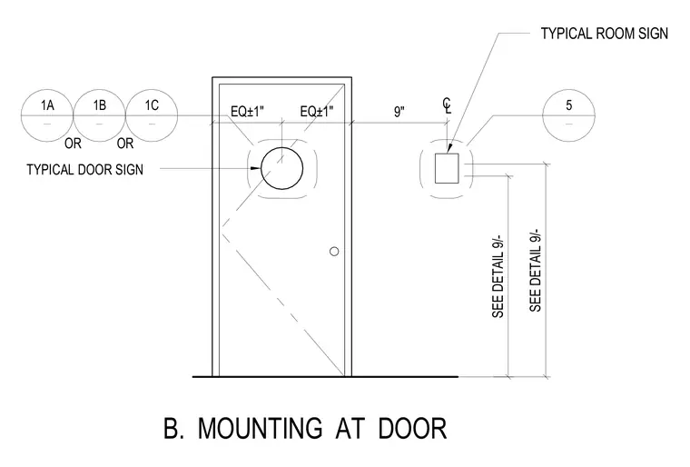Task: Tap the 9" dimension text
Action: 399,112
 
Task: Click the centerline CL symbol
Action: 447,106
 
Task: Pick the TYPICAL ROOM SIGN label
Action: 604,34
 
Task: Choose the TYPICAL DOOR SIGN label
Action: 85,170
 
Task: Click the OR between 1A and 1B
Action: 73,144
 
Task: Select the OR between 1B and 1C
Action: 125,144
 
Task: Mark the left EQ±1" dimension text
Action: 247,112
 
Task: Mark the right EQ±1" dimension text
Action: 317,112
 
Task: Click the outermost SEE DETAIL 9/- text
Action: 535,271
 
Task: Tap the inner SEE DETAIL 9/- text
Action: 498,276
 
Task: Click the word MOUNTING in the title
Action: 260,428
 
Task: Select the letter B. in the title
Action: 173,428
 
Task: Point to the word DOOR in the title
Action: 413,428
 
